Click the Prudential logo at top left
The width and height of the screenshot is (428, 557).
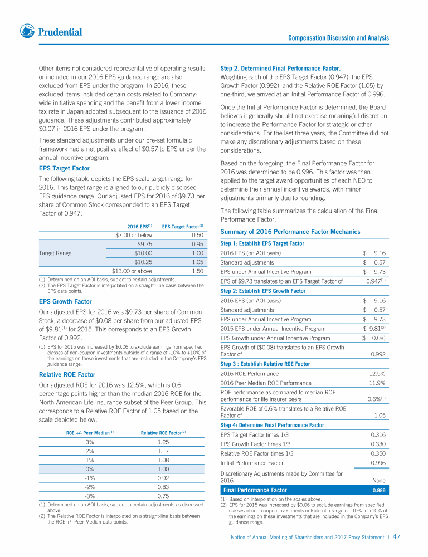(51, 31)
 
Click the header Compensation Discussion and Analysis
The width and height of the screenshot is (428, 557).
(338, 38)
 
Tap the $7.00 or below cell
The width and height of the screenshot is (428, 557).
(130, 234)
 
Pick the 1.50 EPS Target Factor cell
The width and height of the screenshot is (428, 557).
(193, 271)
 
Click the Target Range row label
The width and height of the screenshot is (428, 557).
(55, 253)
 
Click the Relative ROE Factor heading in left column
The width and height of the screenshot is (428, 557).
(67, 374)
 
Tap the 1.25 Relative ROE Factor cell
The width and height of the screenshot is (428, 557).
(163, 442)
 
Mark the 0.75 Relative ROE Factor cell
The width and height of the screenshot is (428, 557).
(163, 496)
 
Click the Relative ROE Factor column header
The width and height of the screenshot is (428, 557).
(163, 432)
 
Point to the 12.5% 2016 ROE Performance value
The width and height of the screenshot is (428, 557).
(377, 373)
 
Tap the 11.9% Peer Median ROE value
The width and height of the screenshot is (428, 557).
(377, 383)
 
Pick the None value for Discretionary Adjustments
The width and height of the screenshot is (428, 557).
(379, 480)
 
